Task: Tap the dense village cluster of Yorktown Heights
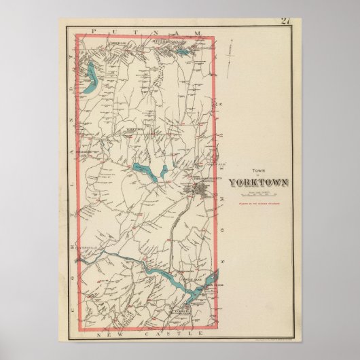click(x=202, y=188)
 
